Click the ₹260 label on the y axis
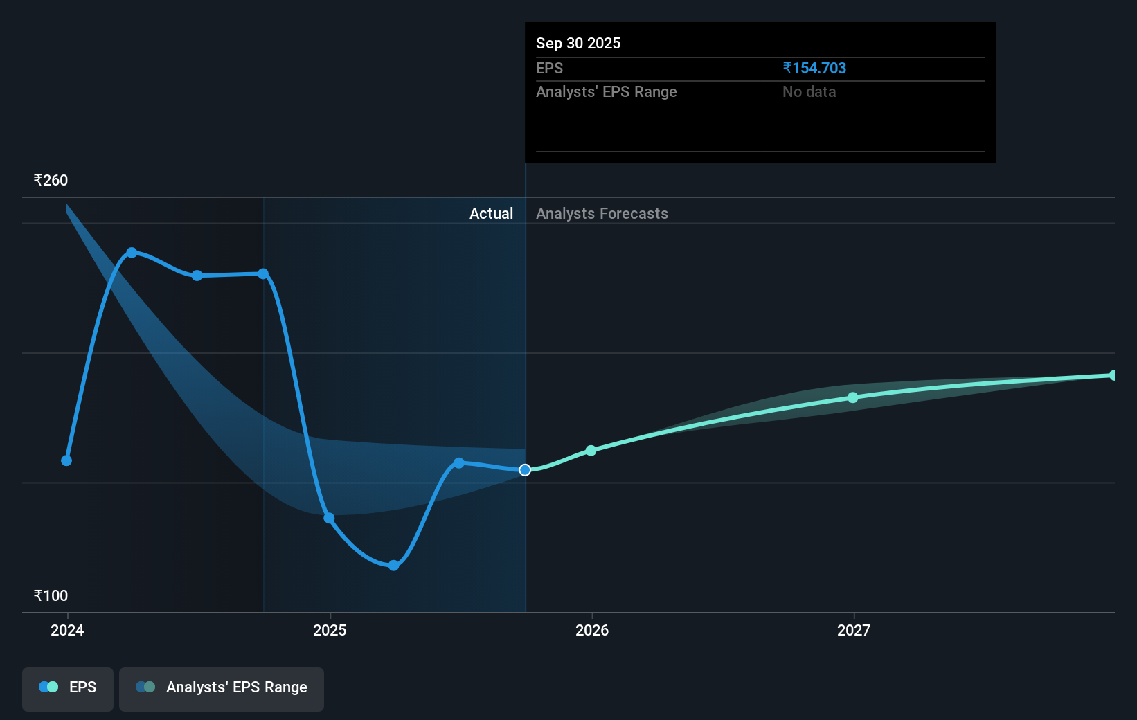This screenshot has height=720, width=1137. point(51,181)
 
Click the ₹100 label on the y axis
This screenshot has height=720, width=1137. point(51,596)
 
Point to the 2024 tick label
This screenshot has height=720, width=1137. point(67,630)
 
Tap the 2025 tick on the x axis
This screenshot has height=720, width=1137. point(330,630)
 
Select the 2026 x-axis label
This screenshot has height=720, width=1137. point(592,630)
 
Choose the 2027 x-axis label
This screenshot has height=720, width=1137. point(854,630)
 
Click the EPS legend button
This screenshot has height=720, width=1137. point(68,688)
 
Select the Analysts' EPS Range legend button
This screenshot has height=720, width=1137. point(222,688)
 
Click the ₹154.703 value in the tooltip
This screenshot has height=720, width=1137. point(814,69)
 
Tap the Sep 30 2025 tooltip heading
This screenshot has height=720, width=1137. point(578,44)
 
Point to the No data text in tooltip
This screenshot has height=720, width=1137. point(809,92)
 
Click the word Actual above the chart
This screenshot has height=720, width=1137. point(491,214)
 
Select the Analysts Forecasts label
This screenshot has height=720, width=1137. point(602,214)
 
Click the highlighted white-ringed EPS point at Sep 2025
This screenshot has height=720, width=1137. point(525,470)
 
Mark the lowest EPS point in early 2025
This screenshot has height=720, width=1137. point(393,566)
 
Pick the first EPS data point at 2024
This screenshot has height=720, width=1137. point(66,460)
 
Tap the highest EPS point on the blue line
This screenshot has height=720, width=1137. point(132,253)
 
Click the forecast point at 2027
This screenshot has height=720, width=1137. point(853,397)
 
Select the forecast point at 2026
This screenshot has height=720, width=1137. point(591,451)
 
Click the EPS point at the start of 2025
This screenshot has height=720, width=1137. point(329,518)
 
